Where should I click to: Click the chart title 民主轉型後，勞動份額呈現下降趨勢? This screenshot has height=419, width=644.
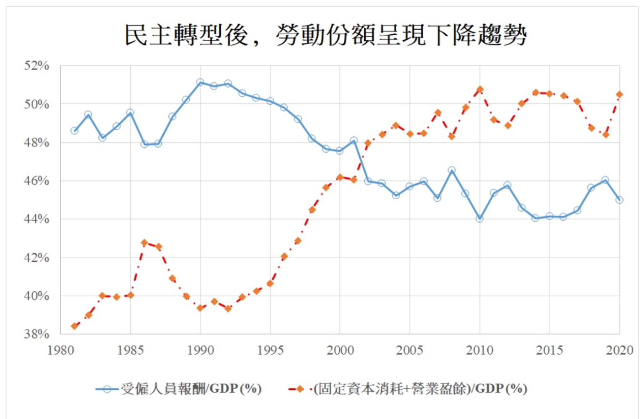pos(325,35)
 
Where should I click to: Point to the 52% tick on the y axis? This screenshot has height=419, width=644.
pos(36,66)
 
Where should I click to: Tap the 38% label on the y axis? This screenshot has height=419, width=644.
pos(36,334)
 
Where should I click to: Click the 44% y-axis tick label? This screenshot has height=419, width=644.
pos(36,219)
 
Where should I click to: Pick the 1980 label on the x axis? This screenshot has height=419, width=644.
pos(61,350)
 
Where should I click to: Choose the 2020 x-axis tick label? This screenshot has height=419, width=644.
pos(619,350)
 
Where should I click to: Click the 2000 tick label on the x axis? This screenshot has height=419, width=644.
pos(340,350)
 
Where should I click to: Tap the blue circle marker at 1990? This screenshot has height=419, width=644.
pos(200,82)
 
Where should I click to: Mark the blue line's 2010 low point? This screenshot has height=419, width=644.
pos(479,218)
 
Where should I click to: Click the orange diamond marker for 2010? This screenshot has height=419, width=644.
pos(480,90)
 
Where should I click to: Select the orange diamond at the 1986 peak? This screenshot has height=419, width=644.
pos(144,243)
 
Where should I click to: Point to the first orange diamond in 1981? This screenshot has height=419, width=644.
pos(75,326)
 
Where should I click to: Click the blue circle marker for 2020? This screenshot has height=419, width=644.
pos(619,200)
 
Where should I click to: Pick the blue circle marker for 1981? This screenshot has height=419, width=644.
pos(75,131)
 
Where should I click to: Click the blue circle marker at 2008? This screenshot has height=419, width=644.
pos(451,170)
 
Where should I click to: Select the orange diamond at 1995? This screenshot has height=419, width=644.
pos(270,283)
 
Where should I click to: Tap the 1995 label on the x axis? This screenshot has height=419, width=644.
pos(270,350)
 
